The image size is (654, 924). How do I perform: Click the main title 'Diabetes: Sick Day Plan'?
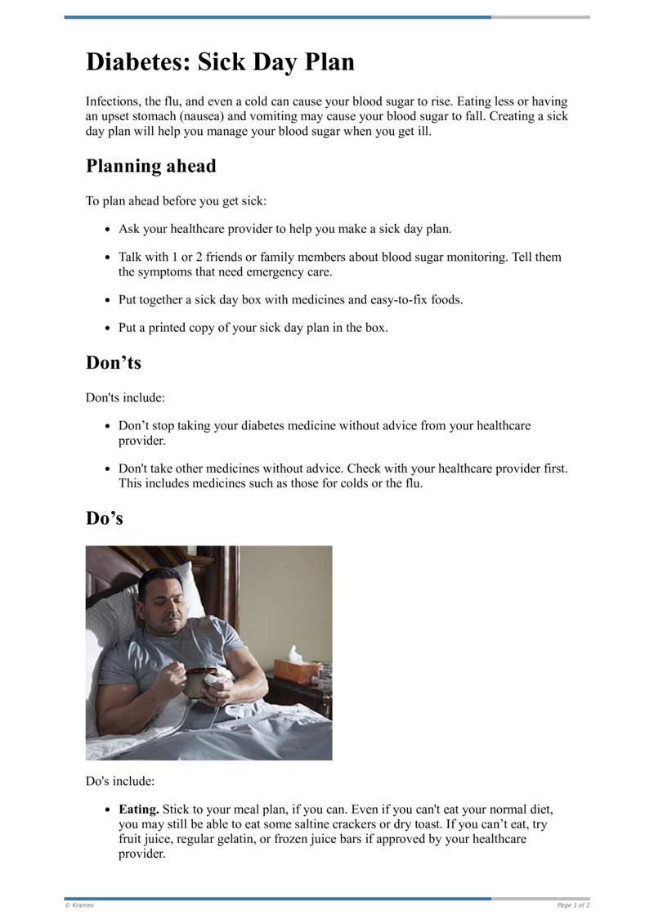click(x=220, y=62)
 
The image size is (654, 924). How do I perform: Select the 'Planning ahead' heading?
click(x=151, y=166)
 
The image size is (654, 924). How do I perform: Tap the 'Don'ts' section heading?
click(x=114, y=362)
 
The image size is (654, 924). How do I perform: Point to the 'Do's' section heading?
click(x=105, y=518)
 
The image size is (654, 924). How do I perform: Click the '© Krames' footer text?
click(x=79, y=905)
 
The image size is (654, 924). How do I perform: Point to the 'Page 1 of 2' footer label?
click(x=573, y=905)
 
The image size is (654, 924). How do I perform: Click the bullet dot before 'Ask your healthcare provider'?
click(x=109, y=230)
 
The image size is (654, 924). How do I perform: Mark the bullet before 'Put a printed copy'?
click(x=109, y=329)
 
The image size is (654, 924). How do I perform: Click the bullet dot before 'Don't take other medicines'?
click(x=109, y=470)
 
